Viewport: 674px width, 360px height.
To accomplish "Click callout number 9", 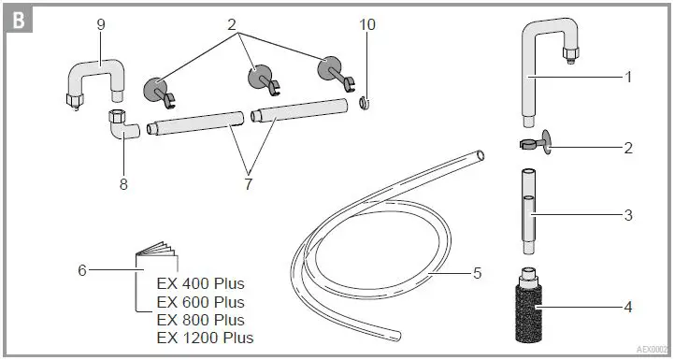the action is [100, 24].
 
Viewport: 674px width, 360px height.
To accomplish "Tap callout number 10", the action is [367, 24].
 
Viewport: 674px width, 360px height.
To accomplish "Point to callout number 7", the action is [248, 184].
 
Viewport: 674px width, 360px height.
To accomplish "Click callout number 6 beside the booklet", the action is [81, 270].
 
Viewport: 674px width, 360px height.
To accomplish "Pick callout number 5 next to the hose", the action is [477, 274].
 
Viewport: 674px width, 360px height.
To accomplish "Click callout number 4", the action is [628, 305].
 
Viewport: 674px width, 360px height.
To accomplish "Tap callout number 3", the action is [628, 215].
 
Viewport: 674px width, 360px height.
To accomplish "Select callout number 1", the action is [628, 77].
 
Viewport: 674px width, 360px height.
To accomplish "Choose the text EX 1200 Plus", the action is [205, 338].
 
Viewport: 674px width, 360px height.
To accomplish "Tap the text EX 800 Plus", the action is [200, 320].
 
